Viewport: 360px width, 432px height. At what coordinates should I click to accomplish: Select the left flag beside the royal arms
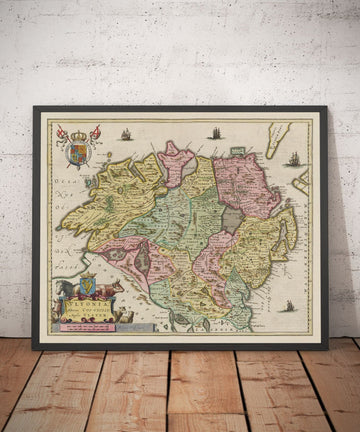pyautogui.click(x=62, y=133)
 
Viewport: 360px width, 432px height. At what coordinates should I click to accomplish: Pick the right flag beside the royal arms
pyautogui.click(x=95, y=133)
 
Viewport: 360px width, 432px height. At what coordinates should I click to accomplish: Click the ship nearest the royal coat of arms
pyautogui.click(x=126, y=133)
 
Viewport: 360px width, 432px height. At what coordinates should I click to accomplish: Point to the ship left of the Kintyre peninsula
pyautogui.click(x=215, y=132)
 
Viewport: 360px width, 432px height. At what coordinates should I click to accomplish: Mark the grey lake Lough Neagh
pyautogui.click(x=231, y=217)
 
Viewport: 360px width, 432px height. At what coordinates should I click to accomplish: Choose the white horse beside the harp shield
pyautogui.click(x=67, y=289)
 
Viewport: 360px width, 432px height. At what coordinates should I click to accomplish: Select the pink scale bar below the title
pyautogui.click(x=84, y=322)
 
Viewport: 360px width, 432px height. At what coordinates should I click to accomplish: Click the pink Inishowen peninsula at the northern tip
pyautogui.click(x=178, y=160)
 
